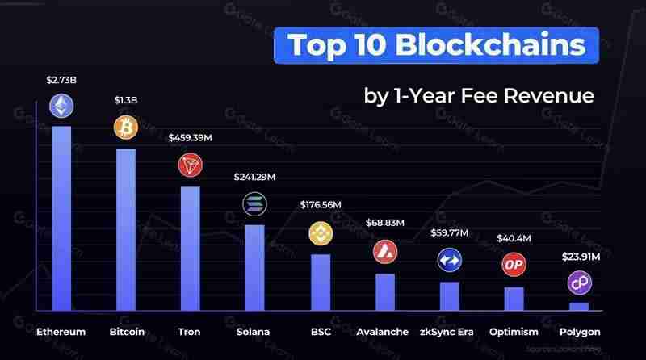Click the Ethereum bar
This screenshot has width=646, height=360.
(61, 218)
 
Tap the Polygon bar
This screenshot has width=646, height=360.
(579, 307)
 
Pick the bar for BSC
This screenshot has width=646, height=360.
(321, 283)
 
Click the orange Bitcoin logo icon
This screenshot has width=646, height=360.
(125, 128)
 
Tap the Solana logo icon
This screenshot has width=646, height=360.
(254, 203)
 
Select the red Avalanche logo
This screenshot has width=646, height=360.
(385, 251)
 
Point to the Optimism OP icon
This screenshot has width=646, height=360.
(514, 264)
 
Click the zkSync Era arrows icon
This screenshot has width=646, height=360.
(449, 260)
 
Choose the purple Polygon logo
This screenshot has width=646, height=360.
(579, 282)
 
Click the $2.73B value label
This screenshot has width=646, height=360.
(61, 80)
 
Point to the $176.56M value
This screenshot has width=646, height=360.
(320, 204)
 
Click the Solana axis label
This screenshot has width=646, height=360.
(254, 332)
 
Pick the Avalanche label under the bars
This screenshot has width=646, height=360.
(384, 332)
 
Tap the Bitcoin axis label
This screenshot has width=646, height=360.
(127, 332)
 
